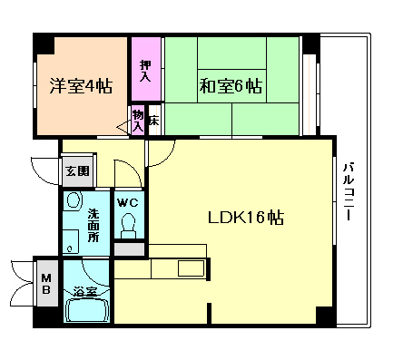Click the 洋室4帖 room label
pos(81,87)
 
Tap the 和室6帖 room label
pos(231,87)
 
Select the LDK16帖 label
pos(245,218)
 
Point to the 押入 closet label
pos(145,71)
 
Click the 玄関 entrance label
pos(76,170)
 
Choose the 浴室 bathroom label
pos(85,292)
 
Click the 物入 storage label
pos(138,121)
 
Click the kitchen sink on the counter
pos(192,268)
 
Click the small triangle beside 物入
pos(124,126)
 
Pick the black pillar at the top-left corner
pos(40,42)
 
